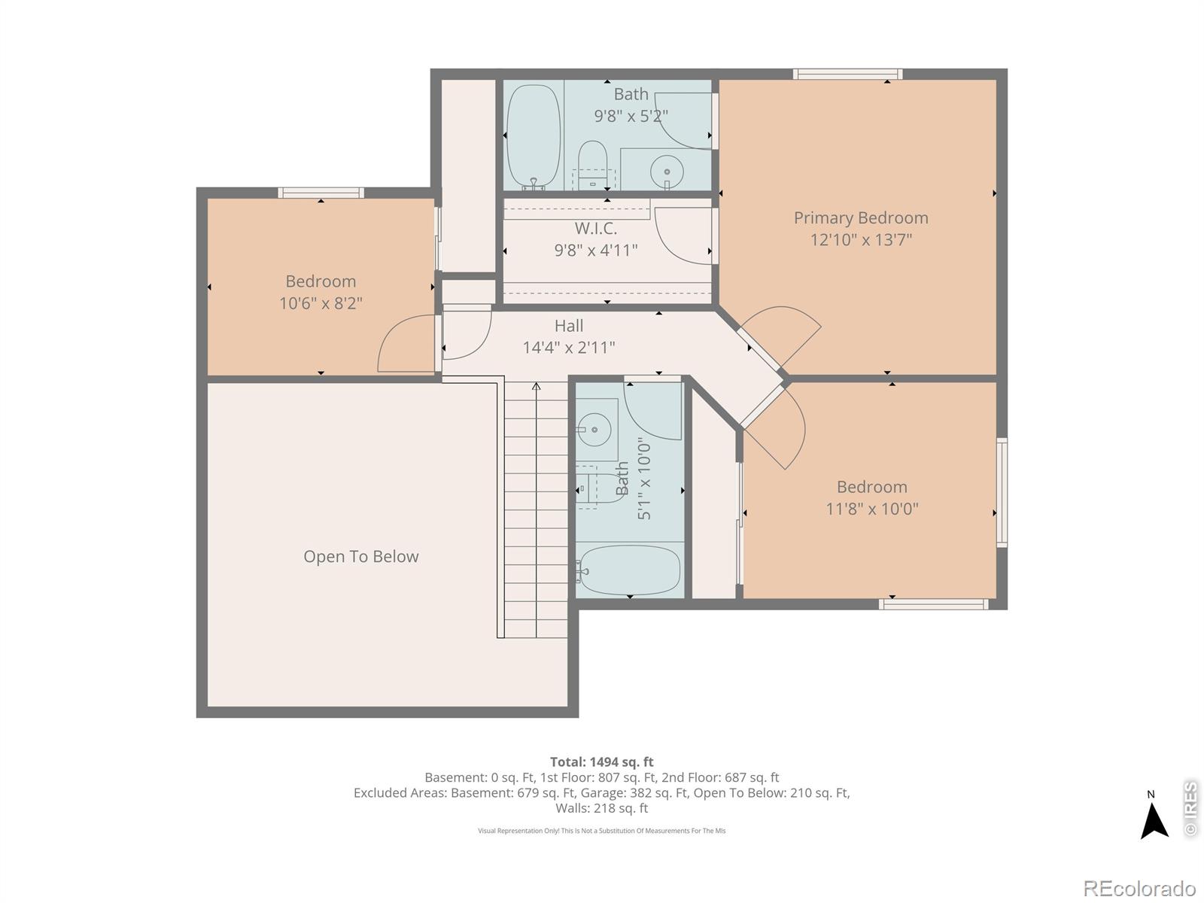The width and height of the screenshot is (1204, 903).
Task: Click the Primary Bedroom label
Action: coord(861,217)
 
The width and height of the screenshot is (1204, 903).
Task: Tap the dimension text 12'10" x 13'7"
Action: coord(861,240)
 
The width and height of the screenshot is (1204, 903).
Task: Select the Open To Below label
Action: coord(360,557)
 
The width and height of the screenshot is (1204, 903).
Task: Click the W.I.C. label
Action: coord(595,228)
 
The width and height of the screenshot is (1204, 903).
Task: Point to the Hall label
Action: coord(569,326)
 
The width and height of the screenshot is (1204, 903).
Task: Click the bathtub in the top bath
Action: coord(534,136)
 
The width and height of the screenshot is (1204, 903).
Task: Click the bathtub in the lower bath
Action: coord(631,570)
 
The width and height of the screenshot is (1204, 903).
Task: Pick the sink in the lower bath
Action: coord(595,430)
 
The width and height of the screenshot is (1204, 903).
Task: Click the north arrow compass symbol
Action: coord(1154,821)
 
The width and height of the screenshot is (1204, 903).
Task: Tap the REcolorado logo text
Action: coord(1139,889)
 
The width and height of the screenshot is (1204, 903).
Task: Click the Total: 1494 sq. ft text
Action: coord(601,762)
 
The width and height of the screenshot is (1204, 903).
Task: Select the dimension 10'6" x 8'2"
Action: coord(321,303)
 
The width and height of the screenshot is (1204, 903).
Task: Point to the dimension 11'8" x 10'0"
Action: coord(871,509)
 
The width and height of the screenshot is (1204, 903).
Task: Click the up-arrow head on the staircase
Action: coord(537,387)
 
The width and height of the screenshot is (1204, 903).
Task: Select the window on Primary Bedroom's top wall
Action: coord(847,74)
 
